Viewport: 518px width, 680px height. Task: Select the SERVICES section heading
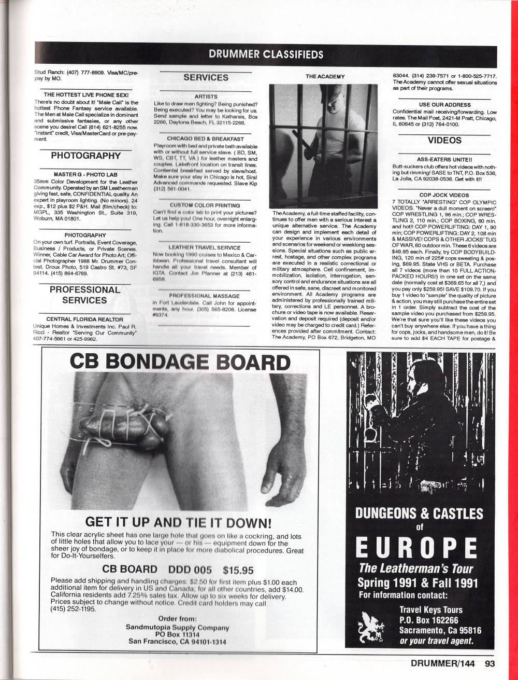(x=206, y=77)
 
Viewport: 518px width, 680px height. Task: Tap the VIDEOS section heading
(x=444, y=140)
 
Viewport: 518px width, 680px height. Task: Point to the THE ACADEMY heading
(x=325, y=76)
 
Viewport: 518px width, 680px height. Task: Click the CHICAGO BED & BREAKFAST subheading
(x=206, y=138)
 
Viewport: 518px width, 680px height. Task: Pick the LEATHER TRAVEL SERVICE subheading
(x=204, y=248)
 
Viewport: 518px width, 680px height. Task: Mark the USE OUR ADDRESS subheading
(x=444, y=105)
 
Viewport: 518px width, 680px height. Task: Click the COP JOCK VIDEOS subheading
(x=444, y=195)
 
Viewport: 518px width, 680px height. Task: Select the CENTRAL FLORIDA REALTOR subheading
(x=84, y=319)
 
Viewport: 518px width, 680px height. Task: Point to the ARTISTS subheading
(x=206, y=96)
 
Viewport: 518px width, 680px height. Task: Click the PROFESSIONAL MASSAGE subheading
(x=204, y=295)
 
